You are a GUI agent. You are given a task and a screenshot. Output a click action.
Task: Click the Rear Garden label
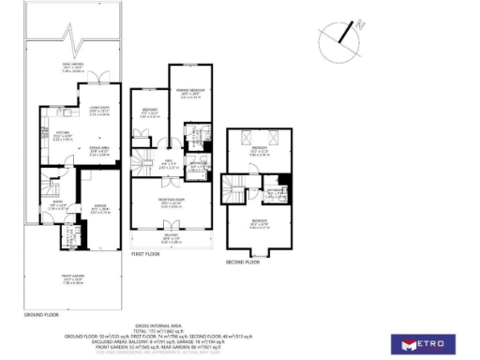pyautogui.click(x=71, y=67)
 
